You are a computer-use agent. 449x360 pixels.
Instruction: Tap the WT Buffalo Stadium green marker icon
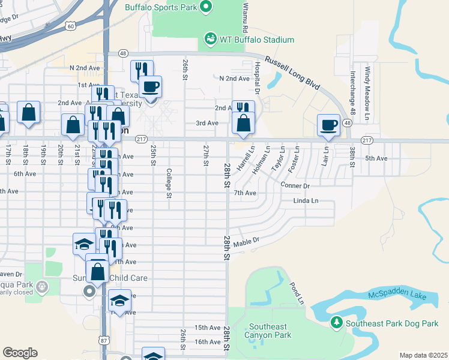coord(210,39)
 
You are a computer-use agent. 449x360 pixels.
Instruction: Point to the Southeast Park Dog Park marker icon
coord(337,323)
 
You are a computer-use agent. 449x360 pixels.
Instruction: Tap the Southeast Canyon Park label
coord(270,331)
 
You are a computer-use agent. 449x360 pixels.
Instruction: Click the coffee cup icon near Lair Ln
coord(328,124)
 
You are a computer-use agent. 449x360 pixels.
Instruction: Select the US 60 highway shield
coord(71,26)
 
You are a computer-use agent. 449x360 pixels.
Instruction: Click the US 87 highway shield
coord(105,340)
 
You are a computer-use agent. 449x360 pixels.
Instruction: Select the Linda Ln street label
coord(306,200)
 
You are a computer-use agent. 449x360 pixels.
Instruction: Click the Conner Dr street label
coord(295,186)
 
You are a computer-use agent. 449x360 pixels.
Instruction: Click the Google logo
coord(20,353)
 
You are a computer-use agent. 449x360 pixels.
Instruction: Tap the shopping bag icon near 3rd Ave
coord(243,122)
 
